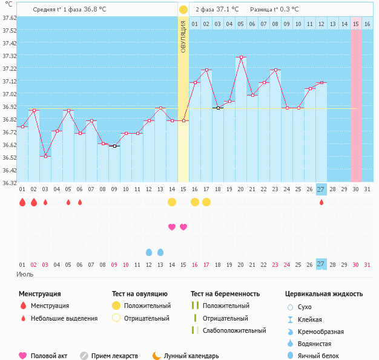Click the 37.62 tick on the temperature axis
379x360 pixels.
8,18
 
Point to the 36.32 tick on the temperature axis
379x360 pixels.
8,182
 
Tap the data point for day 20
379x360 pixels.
240,57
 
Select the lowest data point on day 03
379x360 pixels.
45,156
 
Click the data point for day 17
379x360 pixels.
206,70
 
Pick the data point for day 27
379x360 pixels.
321,82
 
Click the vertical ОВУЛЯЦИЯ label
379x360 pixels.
183,36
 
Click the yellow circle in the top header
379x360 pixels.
183,10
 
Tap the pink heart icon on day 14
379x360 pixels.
172,227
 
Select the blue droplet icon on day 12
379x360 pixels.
149,252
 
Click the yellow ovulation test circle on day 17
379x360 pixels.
206,201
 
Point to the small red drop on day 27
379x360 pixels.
321,202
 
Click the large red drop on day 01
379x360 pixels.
22,202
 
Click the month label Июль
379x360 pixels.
25,274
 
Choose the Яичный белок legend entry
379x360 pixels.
321,356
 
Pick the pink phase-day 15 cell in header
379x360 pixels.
356,24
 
